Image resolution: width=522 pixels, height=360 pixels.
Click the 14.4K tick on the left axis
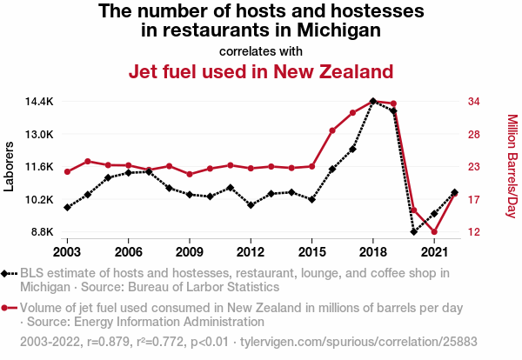click(39, 102)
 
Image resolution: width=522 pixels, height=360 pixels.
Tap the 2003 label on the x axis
click(67, 251)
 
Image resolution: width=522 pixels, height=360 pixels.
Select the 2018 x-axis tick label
click(372, 251)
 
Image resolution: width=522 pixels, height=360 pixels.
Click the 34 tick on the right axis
click(475, 102)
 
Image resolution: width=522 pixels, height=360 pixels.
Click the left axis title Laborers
click(10, 166)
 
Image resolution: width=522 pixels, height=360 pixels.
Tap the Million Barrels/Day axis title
click(512, 166)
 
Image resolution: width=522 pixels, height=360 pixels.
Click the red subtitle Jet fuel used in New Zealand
click(261, 70)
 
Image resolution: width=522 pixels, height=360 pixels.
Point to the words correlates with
click(261, 50)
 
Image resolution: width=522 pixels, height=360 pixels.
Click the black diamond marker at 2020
click(414, 231)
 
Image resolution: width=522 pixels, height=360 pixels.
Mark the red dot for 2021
click(434, 232)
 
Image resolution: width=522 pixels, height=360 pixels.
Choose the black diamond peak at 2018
click(373, 101)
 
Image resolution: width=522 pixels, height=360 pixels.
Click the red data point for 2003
click(67, 171)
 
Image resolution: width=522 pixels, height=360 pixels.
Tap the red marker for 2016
click(332, 130)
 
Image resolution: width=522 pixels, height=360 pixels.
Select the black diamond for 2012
click(251, 205)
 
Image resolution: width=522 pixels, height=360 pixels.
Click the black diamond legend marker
click(9, 273)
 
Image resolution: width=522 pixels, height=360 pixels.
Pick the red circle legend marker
click(9, 308)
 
